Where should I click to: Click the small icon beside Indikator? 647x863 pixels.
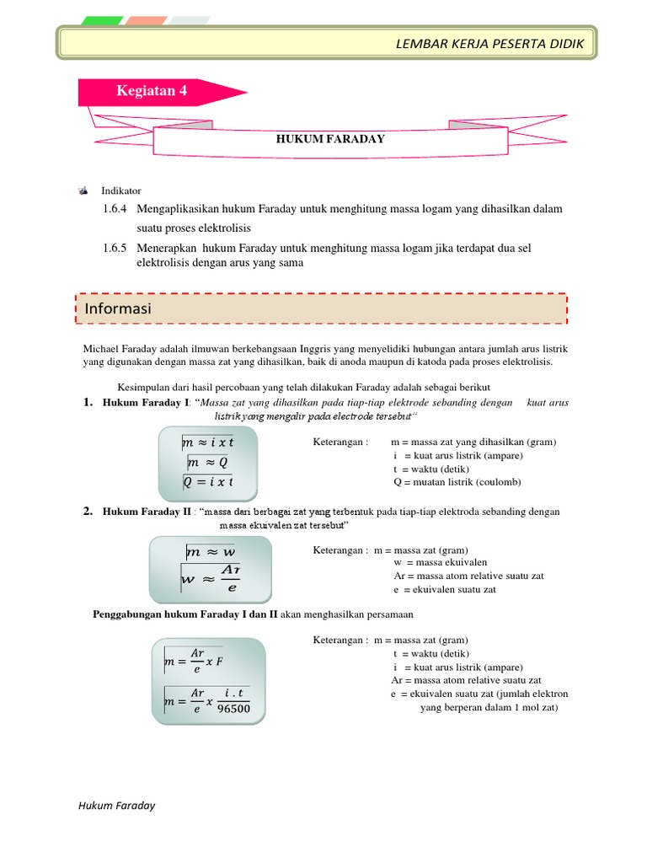pos(83,191)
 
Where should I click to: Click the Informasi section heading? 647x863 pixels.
pos(118,309)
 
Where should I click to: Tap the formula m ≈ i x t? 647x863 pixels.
pos(207,442)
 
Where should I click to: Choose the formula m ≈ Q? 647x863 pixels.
pos(207,463)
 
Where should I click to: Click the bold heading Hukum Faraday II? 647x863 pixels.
pos(142,512)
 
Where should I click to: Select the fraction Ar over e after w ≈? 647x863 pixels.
pos(229,579)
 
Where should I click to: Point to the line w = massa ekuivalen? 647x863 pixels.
pos(440,562)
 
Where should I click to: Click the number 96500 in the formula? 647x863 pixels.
pos(233,709)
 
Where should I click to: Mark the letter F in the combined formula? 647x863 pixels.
pos(220,662)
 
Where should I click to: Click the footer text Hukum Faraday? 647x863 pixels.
pos(116,806)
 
